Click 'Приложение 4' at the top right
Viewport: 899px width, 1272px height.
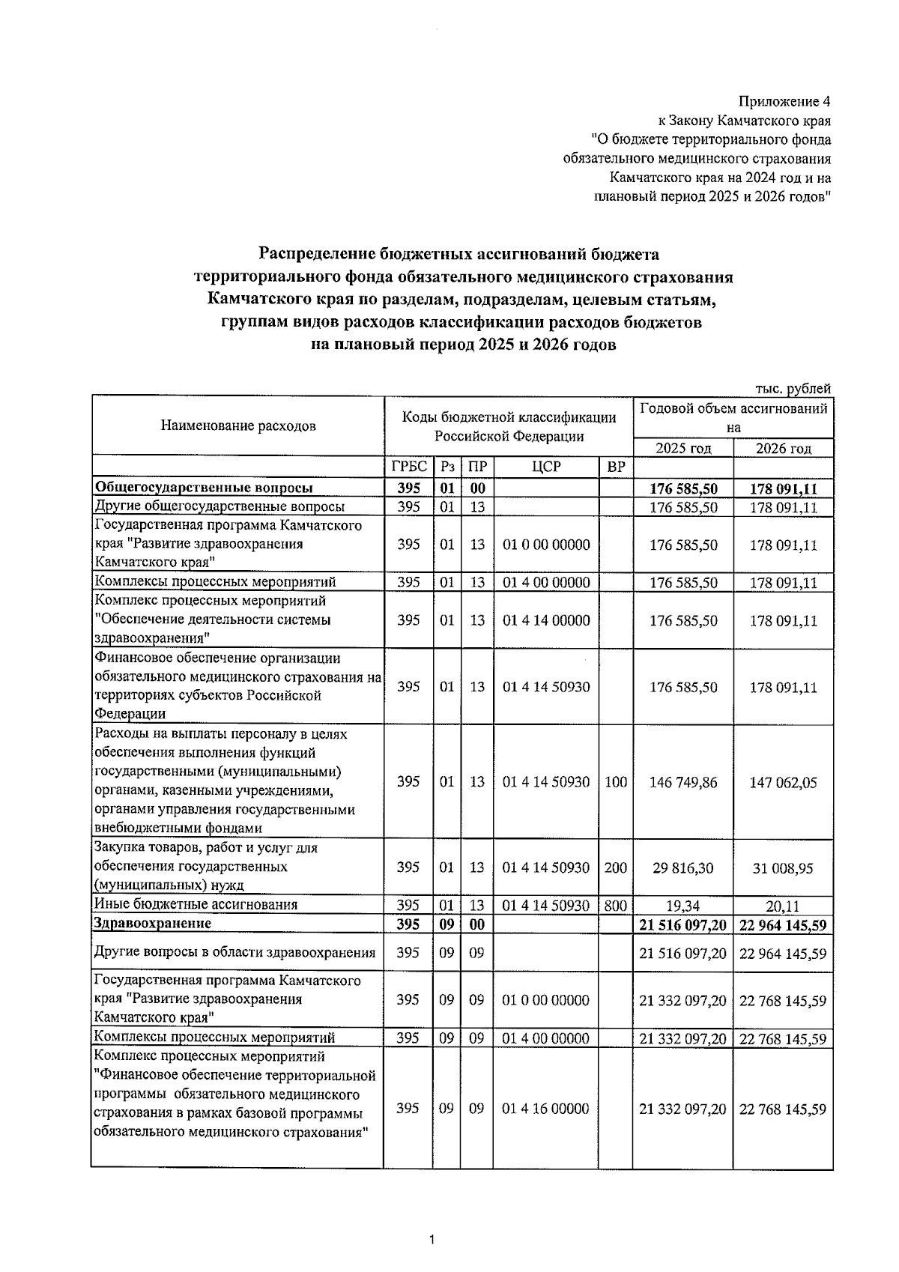click(x=784, y=101)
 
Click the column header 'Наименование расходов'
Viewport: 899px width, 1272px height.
click(x=238, y=426)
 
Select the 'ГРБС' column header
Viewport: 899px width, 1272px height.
click(x=408, y=467)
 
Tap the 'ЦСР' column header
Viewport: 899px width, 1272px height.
click(x=546, y=467)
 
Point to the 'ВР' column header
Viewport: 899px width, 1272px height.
click(x=616, y=467)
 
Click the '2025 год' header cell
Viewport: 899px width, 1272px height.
click(x=682, y=448)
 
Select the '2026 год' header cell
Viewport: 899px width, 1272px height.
click(x=783, y=448)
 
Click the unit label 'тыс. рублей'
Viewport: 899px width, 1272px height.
click(x=793, y=388)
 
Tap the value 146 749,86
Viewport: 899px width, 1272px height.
click(x=682, y=782)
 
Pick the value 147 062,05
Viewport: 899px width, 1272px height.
click(x=783, y=783)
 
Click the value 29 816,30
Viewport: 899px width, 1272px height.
click(x=682, y=867)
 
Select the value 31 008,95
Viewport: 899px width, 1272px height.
click(x=783, y=868)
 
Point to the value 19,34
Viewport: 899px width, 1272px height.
click(x=682, y=906)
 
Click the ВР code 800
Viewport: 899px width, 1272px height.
click(x=615, y=905)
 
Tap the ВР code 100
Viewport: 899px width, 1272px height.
click(x=615, y=782)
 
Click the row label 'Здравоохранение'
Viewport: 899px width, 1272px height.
click(x=152, y=924)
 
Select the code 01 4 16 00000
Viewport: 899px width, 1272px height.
click(x=546, y=1108)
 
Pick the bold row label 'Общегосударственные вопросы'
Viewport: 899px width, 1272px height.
click(x=204, y=488)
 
